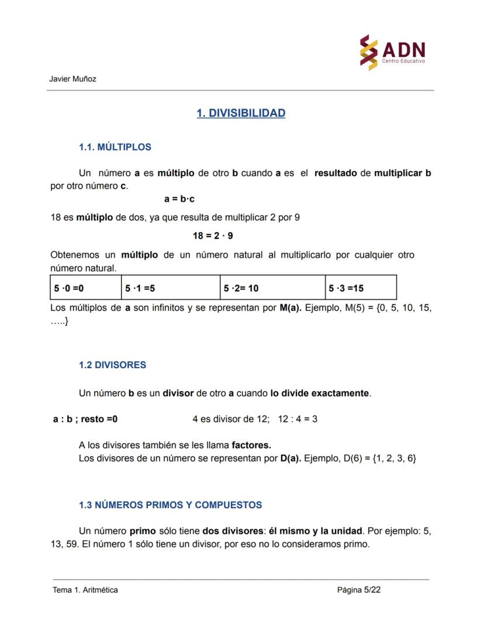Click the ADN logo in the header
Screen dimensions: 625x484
[392, 53]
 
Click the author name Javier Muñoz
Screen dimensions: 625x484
[73, 79]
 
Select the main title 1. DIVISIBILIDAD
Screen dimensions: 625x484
[241, 113]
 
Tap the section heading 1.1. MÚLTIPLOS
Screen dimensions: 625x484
[115, 147]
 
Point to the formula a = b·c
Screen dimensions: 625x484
[179, 199]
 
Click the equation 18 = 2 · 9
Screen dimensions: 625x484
[213, 236]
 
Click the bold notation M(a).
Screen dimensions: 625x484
[291, 308]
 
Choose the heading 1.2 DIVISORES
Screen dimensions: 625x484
[112, 365]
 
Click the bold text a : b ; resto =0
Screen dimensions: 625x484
[85, 419]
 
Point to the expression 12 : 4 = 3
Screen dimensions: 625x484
[298, 419]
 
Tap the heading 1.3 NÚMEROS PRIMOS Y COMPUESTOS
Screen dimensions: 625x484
[170, 505]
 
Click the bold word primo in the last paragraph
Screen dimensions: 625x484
[143, 531]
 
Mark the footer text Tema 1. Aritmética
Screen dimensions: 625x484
[85, 590]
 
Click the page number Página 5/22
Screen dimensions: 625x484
[359, 590]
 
